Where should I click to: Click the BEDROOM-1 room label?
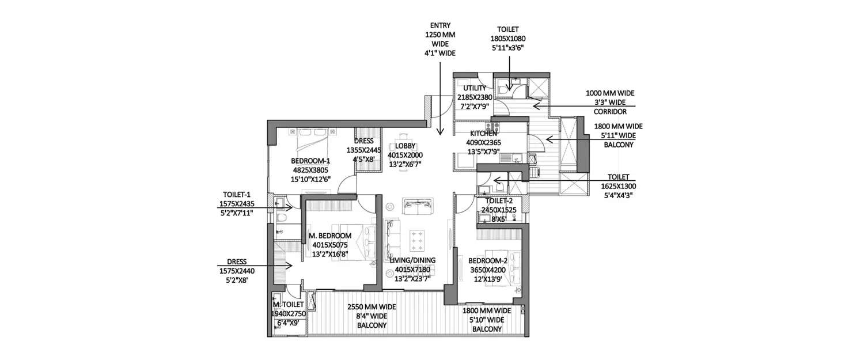[x=311, y=161]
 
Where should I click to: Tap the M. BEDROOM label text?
[x=330, y=236]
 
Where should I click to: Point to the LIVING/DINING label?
[x=412, y=260]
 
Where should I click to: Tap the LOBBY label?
[x=406, y=146]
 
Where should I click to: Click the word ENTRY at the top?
[x=440, y=25]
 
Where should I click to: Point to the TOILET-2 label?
[x=499, y=201]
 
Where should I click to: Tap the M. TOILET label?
[x=285, y=304]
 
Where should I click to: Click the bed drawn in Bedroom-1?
[x=312, y=140]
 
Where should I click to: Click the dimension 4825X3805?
[x=311, y=170]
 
